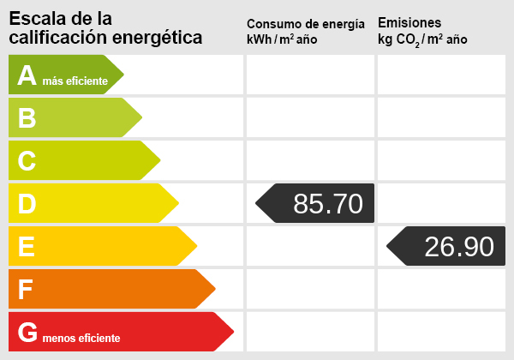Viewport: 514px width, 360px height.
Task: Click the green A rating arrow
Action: (60, 75)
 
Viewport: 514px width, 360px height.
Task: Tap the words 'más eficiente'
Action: (75, 81)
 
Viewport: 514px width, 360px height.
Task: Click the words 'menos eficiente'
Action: (82, 339)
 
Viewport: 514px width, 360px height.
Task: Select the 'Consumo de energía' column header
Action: (305, 24)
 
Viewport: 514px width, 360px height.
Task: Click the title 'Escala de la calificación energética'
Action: (105, 28)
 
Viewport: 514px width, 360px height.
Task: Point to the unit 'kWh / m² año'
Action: (282, 40)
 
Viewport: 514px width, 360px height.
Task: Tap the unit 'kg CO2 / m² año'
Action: (422, 40)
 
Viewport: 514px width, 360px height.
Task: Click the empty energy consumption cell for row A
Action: (310, 75)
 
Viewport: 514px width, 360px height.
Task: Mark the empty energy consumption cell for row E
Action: (310, 247)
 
